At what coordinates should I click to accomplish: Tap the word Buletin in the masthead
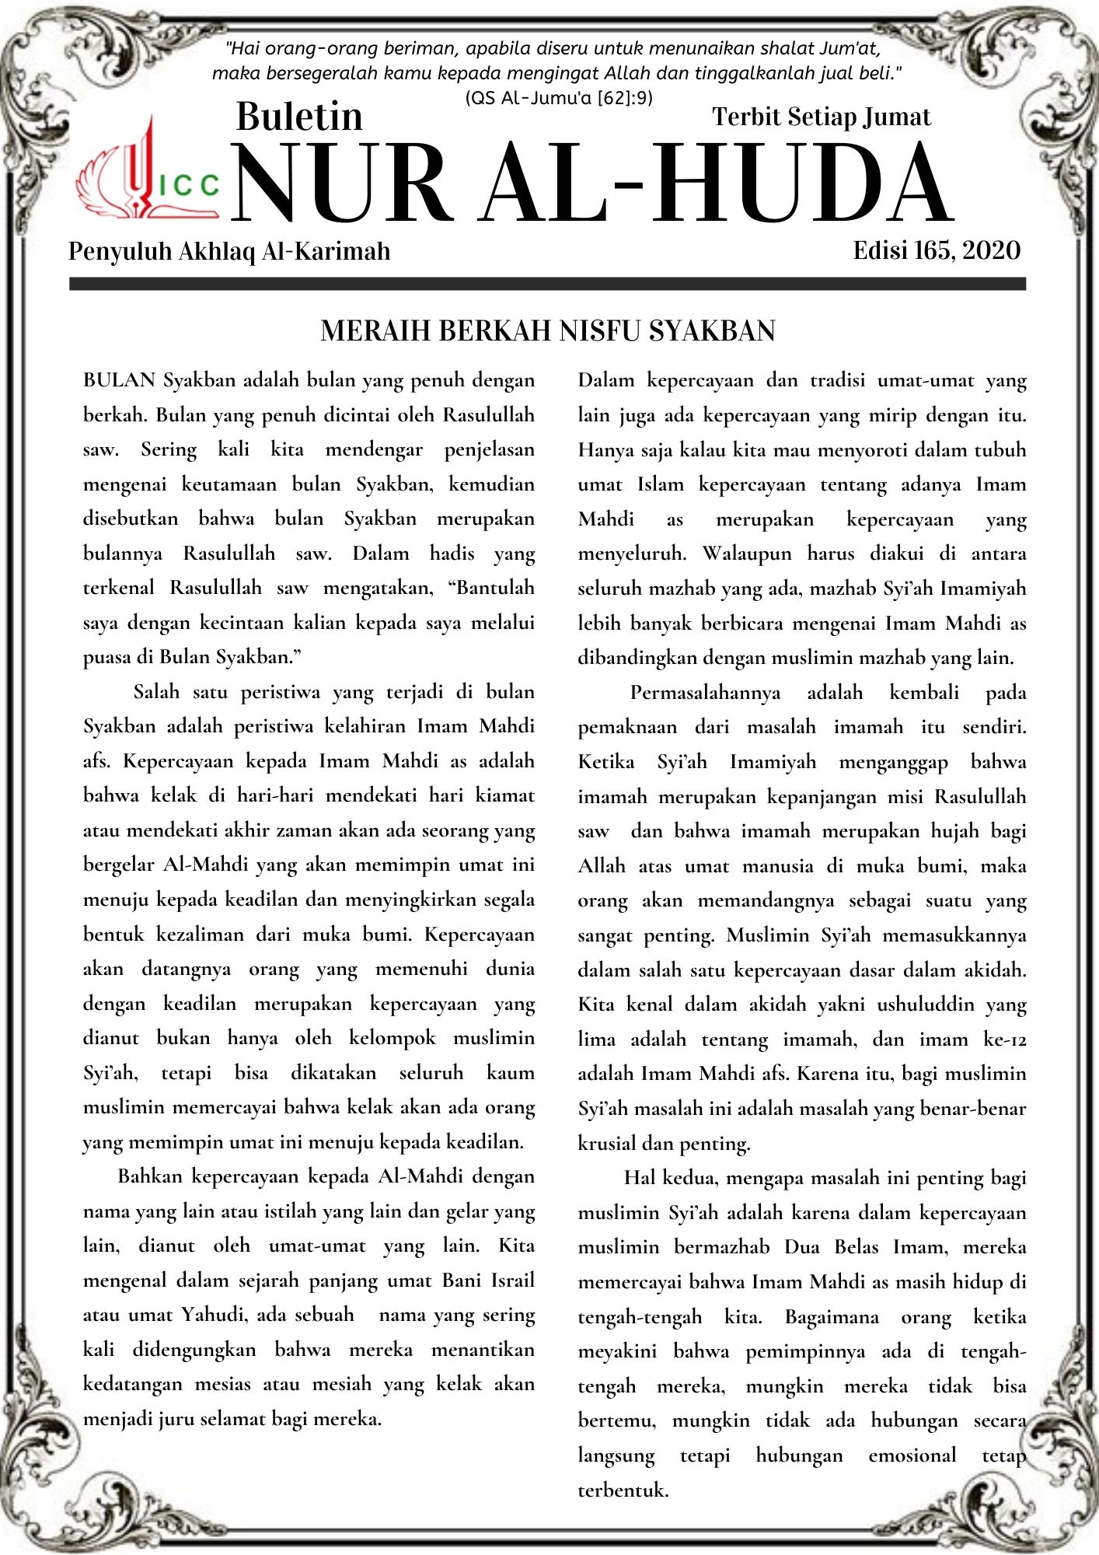click(299, 117)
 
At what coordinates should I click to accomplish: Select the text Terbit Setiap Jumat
click(821, 117)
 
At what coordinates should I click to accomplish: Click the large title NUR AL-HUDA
click(592, 185)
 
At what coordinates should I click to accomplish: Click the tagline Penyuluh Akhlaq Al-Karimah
click(229, 251)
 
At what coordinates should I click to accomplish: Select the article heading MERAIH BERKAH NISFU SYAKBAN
click(548, 331)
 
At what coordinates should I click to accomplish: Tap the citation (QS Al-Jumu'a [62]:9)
click(559, 98)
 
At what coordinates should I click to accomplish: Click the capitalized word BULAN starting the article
click(120, 380)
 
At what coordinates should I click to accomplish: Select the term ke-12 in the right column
click(1004, 1040)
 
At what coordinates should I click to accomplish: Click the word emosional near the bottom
click(912, 1455)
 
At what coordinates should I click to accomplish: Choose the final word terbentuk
click(623, 1490)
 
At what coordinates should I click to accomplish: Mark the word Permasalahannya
click(705, 693)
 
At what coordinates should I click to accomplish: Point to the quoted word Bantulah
click(491, 588)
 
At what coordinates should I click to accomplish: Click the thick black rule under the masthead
click(548, 285)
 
